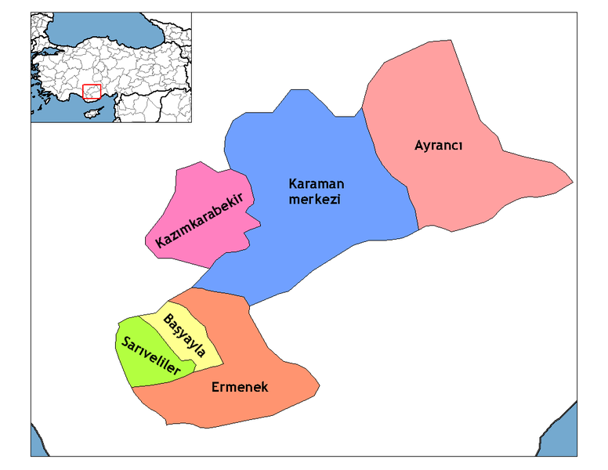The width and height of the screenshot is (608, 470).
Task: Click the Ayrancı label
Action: pos(439,146)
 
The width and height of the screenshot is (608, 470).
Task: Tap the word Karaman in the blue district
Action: pos(317,184)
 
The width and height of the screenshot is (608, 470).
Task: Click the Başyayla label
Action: pos(186,334)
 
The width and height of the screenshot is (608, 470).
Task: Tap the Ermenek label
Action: pos(240,387)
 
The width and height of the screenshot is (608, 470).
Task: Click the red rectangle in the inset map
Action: pos(92,92)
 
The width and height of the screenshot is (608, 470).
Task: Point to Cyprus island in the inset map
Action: pos(93,113)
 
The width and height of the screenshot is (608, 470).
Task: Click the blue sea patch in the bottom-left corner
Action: pos(36,443)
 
